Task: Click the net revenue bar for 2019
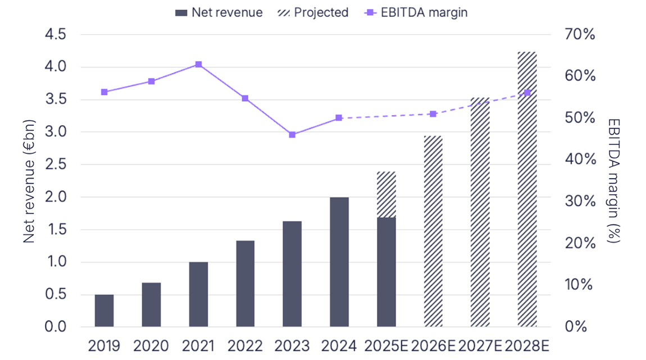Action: pyautogui.click(x=104, y=311)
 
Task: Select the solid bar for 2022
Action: pyautogui.click(x=245, y=284)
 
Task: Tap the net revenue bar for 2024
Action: pyautogui.click(x=339, y=262)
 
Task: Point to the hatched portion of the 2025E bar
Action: pyautogui.click(x=386, y=194)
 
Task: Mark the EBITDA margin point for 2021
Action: pyautogui.click(x=198, y=65)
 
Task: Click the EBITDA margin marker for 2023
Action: pyautogui.click(x=292, y=135)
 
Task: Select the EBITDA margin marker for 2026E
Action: pyautogui.click(x=433, y=114)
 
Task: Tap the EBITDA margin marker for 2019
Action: pyautogui.click(x=104, y=92)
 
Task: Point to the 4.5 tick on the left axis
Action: pyautogui.click(x=54, y=35)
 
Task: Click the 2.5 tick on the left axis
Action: pyautogui.click(x=54, y=165)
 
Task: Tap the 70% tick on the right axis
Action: pyautogui.click(x=580, y=35)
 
